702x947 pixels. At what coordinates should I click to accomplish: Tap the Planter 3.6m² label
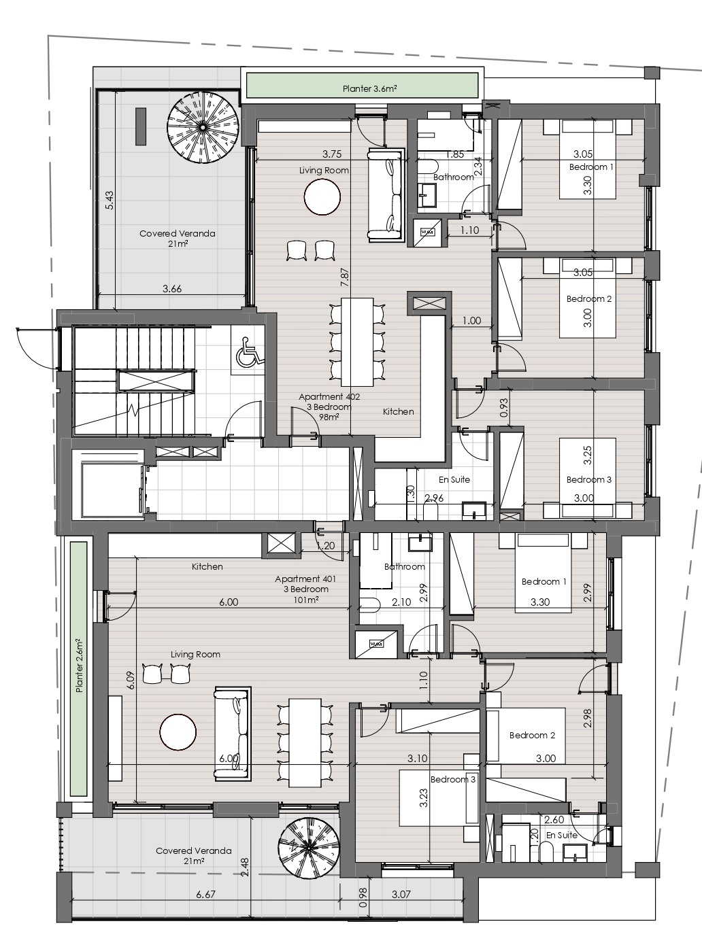(370, 89)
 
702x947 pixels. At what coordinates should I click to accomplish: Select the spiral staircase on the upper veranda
(202, 127)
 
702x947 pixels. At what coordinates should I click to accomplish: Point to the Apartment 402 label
(329, 396)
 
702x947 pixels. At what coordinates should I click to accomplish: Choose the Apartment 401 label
(305, 579)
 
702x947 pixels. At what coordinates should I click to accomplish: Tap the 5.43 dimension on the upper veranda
(110, 200)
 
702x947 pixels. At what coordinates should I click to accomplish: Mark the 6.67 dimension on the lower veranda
(206, 894)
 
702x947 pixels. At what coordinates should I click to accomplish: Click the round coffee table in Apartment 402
(322, 197)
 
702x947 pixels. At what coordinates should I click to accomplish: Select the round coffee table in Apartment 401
(178, 731)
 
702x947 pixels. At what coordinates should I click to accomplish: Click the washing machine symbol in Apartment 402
(427, 233)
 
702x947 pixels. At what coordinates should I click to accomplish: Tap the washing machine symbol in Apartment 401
(376, 644)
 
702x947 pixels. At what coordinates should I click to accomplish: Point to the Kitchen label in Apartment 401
(207, 566)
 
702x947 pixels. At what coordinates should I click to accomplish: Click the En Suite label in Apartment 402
(454, 479)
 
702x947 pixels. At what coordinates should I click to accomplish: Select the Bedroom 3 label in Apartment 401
(453, 779)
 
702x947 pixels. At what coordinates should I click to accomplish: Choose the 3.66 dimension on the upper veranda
(172, 289)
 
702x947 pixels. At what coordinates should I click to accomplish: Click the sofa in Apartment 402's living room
(386, 194)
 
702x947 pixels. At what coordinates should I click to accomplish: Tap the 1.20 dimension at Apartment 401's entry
(326, 545)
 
